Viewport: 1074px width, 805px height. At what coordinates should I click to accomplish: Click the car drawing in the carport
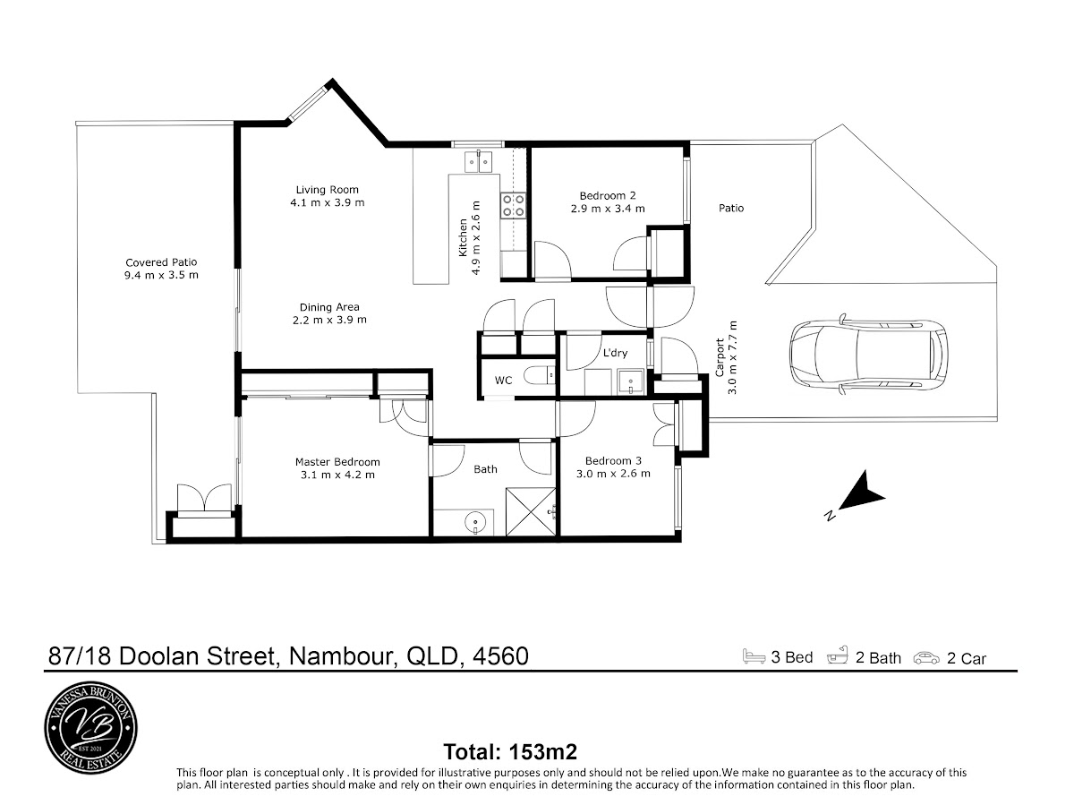(868, 352)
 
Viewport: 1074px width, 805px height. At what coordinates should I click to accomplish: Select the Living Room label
(327, 189)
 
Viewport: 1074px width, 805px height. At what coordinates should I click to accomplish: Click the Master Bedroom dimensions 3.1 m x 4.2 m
(337, 475)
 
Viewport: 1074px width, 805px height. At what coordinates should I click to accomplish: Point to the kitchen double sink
(479, 162)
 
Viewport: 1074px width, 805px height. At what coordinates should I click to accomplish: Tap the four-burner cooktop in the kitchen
(513, 206)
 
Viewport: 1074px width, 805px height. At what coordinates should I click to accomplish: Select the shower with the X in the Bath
(531, 511)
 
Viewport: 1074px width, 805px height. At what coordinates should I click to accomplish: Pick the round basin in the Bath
(474, 522)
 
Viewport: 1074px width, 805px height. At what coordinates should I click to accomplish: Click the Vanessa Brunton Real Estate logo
(91, 728)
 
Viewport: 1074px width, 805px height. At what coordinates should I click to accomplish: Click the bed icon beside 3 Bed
(754, 656)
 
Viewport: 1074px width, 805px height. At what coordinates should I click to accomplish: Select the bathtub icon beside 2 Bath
(837, 656)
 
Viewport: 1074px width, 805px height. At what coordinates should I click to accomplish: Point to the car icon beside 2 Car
(926, 658)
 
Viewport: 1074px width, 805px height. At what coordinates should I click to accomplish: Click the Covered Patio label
(161, 262)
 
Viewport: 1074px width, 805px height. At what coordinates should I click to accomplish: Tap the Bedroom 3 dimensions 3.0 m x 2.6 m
(613, 473)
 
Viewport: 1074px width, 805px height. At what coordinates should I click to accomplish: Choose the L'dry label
(615, 352)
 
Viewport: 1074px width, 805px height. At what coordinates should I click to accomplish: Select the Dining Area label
(329, 307)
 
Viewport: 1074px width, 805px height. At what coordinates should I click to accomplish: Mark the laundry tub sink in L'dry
(630, 381)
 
